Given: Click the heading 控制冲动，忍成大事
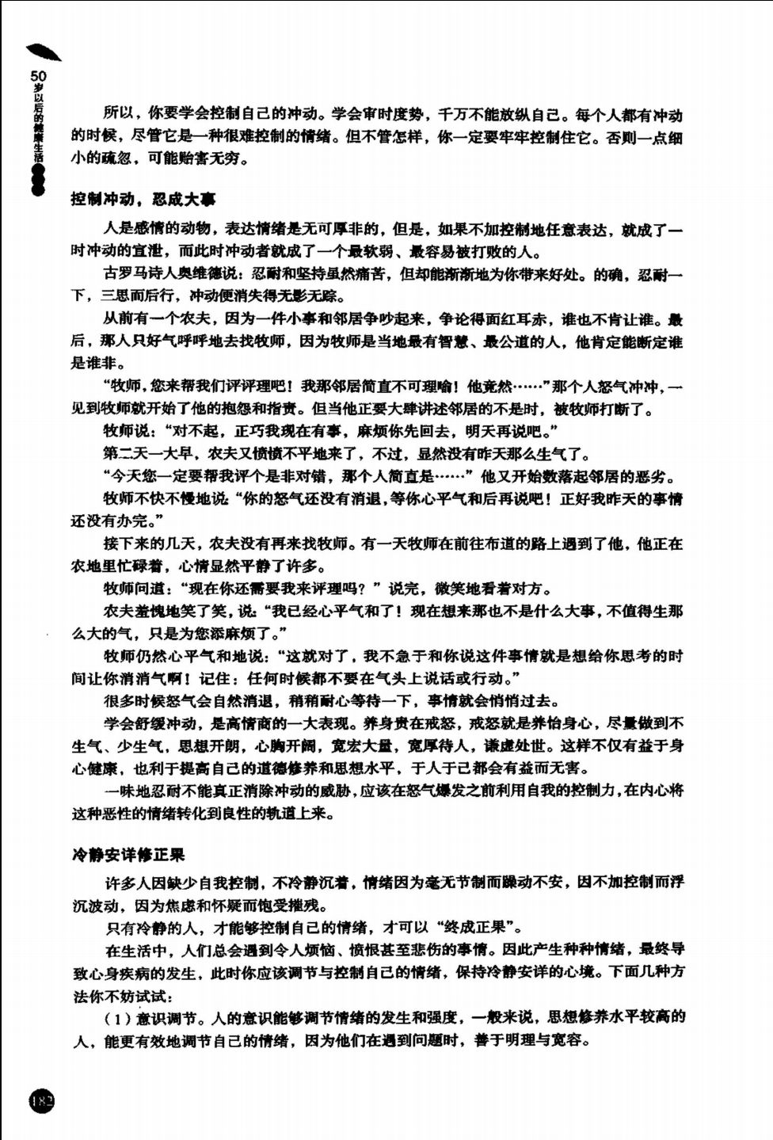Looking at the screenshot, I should click(x=143, y=199).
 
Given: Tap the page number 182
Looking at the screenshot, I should click(x=41, y=1101).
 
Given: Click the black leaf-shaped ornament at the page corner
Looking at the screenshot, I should click(x=44, y=51).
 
